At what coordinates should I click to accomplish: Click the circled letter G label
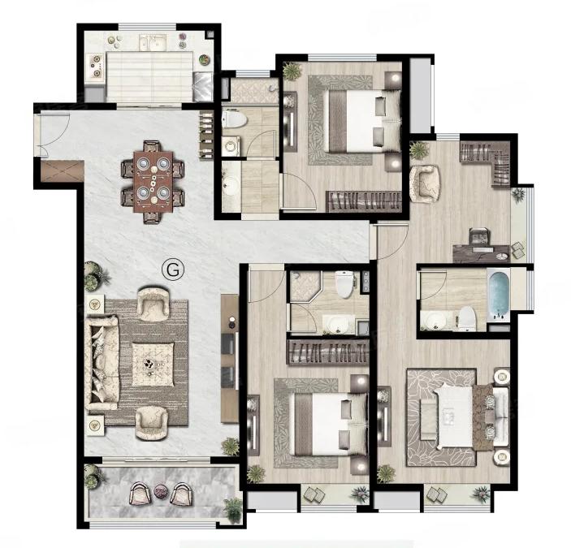[173, 270]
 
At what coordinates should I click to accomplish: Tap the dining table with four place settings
[154, 182]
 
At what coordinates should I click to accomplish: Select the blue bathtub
[498, 296]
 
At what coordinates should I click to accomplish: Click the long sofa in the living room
[102, 362]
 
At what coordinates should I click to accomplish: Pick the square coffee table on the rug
[153, 364]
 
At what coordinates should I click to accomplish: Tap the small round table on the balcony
[160, 491]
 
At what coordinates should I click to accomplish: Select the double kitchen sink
[153, 42]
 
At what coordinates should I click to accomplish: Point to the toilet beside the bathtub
[467, 317]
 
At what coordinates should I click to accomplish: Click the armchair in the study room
[425, 183]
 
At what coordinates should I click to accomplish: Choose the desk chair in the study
[480, 236]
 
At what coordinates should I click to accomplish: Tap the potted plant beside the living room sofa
[95, 277]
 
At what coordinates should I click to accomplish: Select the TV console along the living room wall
[229, 358]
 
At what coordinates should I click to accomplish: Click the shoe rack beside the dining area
[206, 135]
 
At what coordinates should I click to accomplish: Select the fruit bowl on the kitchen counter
[205, 59]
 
